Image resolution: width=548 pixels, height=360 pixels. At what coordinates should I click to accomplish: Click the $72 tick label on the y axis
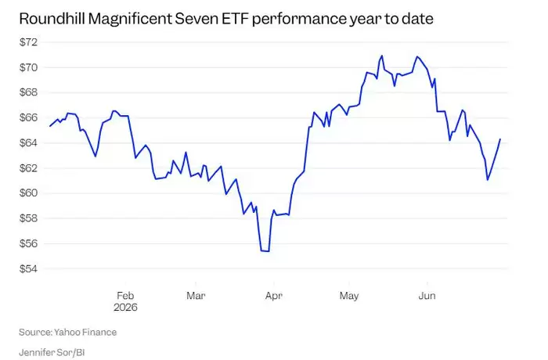coord(28,42)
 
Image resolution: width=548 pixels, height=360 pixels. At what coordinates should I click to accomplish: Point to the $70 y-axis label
coord(28,67)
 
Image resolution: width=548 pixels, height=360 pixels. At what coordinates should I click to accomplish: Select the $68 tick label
coord(28,92)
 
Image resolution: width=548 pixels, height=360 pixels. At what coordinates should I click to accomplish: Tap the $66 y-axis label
coord(28,118)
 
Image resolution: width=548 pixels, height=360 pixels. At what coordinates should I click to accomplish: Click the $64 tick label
coord(28,143)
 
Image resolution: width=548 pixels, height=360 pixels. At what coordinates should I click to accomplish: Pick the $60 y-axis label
coord(28,193)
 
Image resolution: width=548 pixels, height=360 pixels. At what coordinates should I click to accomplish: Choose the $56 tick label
coord(28,243)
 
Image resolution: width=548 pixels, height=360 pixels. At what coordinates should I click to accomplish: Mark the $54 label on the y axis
coord(28,268)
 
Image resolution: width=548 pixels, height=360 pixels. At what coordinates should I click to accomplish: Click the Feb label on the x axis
coord(125,296)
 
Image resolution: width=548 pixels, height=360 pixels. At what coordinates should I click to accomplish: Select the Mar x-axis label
coord(196,296)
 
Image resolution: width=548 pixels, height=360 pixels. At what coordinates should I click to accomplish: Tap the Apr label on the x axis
coord(274,296)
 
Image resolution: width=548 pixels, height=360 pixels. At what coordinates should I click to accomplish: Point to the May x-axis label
coord(349,297)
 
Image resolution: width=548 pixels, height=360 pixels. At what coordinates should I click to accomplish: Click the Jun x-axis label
coord(427,296)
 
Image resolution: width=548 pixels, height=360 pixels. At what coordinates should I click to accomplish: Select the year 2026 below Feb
coord(125,308)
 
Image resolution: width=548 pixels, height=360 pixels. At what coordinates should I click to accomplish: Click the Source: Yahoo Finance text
coord(68,332)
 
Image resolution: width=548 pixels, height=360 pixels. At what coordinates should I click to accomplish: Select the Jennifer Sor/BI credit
coord(52,353)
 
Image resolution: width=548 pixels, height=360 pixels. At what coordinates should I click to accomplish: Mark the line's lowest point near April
coord(268,251)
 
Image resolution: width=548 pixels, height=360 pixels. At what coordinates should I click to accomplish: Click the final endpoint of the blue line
coord(500,139)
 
